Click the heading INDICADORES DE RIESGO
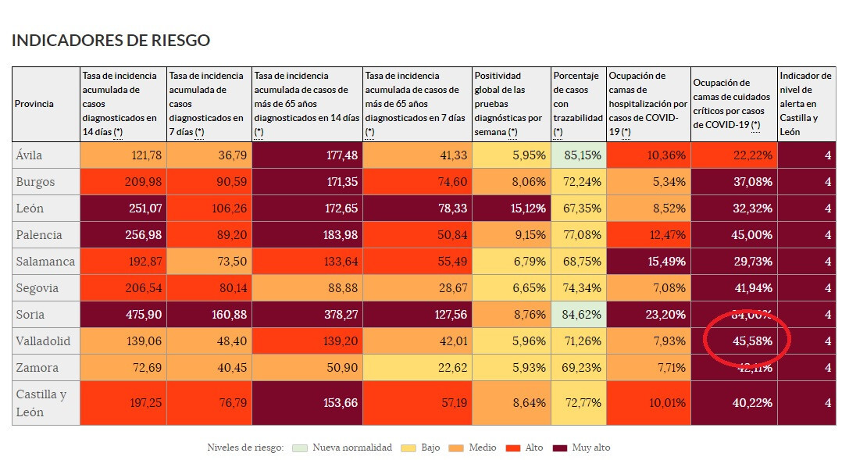coord(111,41)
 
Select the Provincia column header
coord(34,104)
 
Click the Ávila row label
coord(30,155)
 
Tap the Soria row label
coord(30,315)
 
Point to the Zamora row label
coord(35,368)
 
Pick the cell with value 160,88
coord(209,315)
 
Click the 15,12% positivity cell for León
coord(512,209)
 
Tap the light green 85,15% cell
coord(578,155)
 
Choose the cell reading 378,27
coord(307,315)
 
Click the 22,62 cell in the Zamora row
coord(418,368)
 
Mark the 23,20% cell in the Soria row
coord(648,315)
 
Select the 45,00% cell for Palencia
coord(734,235)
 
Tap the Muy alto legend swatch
coord(559,448)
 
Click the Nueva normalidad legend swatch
coord(298,448)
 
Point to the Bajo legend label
coord(430,448)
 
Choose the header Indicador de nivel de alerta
coord(805,104)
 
